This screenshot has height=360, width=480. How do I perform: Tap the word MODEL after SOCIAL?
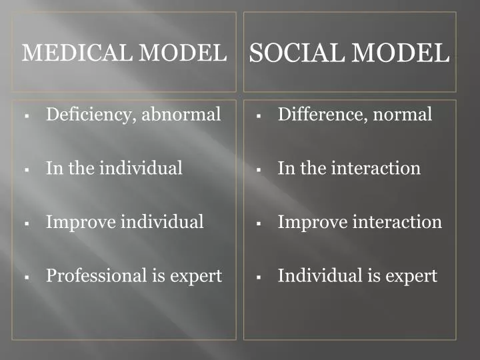point(400,53)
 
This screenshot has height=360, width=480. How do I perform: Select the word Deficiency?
point(89,115)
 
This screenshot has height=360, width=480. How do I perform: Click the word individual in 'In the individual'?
point(141,168)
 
